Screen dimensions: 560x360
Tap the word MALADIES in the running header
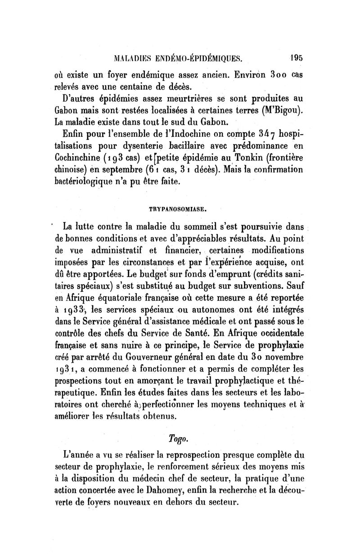point(122,58)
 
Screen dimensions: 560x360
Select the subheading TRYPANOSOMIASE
point(178,209)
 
